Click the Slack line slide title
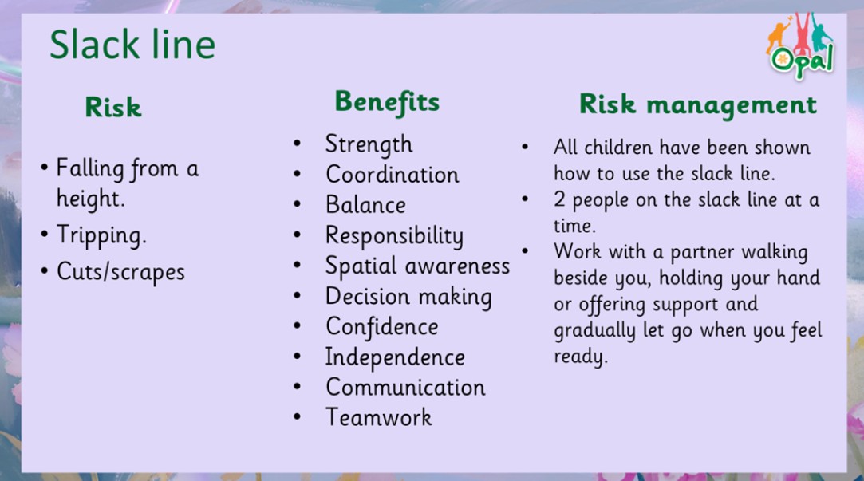[132, 45]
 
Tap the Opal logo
[801, 47]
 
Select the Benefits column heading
[388, 102]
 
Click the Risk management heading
[697, 104]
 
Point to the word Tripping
[101, 236]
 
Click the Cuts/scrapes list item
[120, 272]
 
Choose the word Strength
[369, 145]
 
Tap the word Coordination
[393, 175]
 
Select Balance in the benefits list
[366, 205]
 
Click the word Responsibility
[395, 236]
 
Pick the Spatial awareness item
[418, 266]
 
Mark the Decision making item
[408, 297]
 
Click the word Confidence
[382, 327]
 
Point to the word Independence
[395, 357]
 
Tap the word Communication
[405, 388]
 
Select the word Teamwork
[379, 417]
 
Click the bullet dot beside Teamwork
[297, 417]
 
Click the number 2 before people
[559, 199]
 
